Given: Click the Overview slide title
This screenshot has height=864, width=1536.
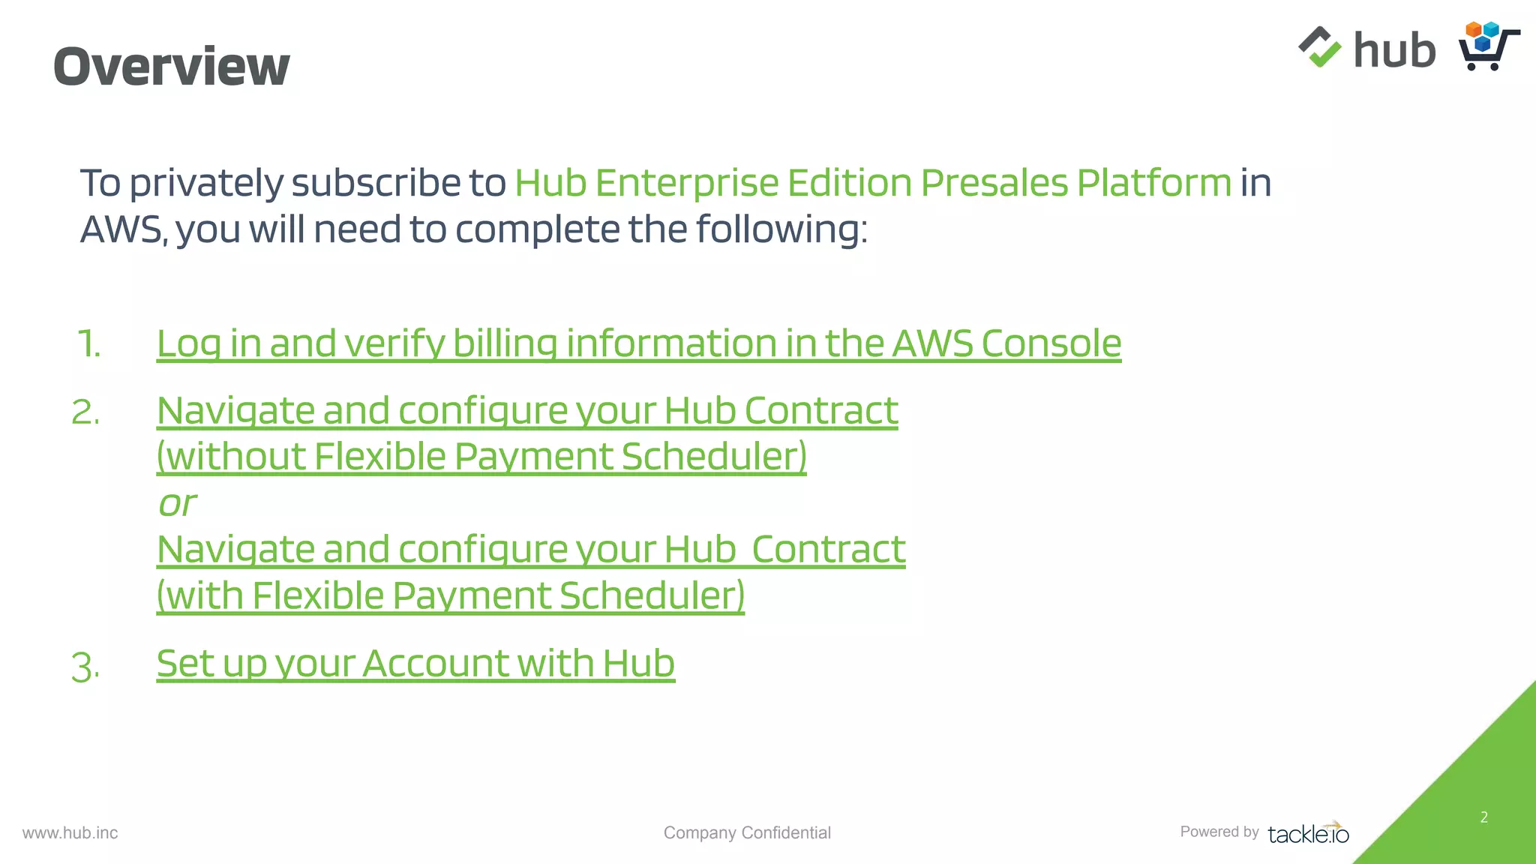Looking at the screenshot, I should coord(171,66).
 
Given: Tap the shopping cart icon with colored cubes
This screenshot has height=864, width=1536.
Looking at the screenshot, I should coord(1488,46).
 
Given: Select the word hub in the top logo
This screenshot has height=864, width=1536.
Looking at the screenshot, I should coord(1394,50).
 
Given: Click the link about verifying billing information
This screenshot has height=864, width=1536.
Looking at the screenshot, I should coord(638,343).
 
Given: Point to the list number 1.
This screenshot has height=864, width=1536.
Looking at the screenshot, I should coord(88,344).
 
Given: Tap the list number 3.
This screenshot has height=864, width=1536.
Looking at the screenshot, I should coord(85,666).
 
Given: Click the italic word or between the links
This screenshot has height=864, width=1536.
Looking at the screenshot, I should coord(177,504).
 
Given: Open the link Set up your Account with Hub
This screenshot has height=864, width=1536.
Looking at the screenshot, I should coord(415,664).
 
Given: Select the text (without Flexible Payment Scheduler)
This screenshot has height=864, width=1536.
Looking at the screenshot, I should coord(481,457).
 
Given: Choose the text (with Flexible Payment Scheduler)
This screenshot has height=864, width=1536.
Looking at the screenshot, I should coord(450,595).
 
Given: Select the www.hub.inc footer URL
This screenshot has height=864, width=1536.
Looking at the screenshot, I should coord(70,833).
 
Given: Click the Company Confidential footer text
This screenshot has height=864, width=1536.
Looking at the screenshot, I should coord(747,832).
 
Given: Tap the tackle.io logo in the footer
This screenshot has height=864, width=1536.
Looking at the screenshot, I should coord(1308,833).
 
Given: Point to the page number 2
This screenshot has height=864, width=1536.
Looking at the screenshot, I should coord(1484,817).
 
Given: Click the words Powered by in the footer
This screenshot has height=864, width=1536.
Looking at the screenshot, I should coord(1219,832).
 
